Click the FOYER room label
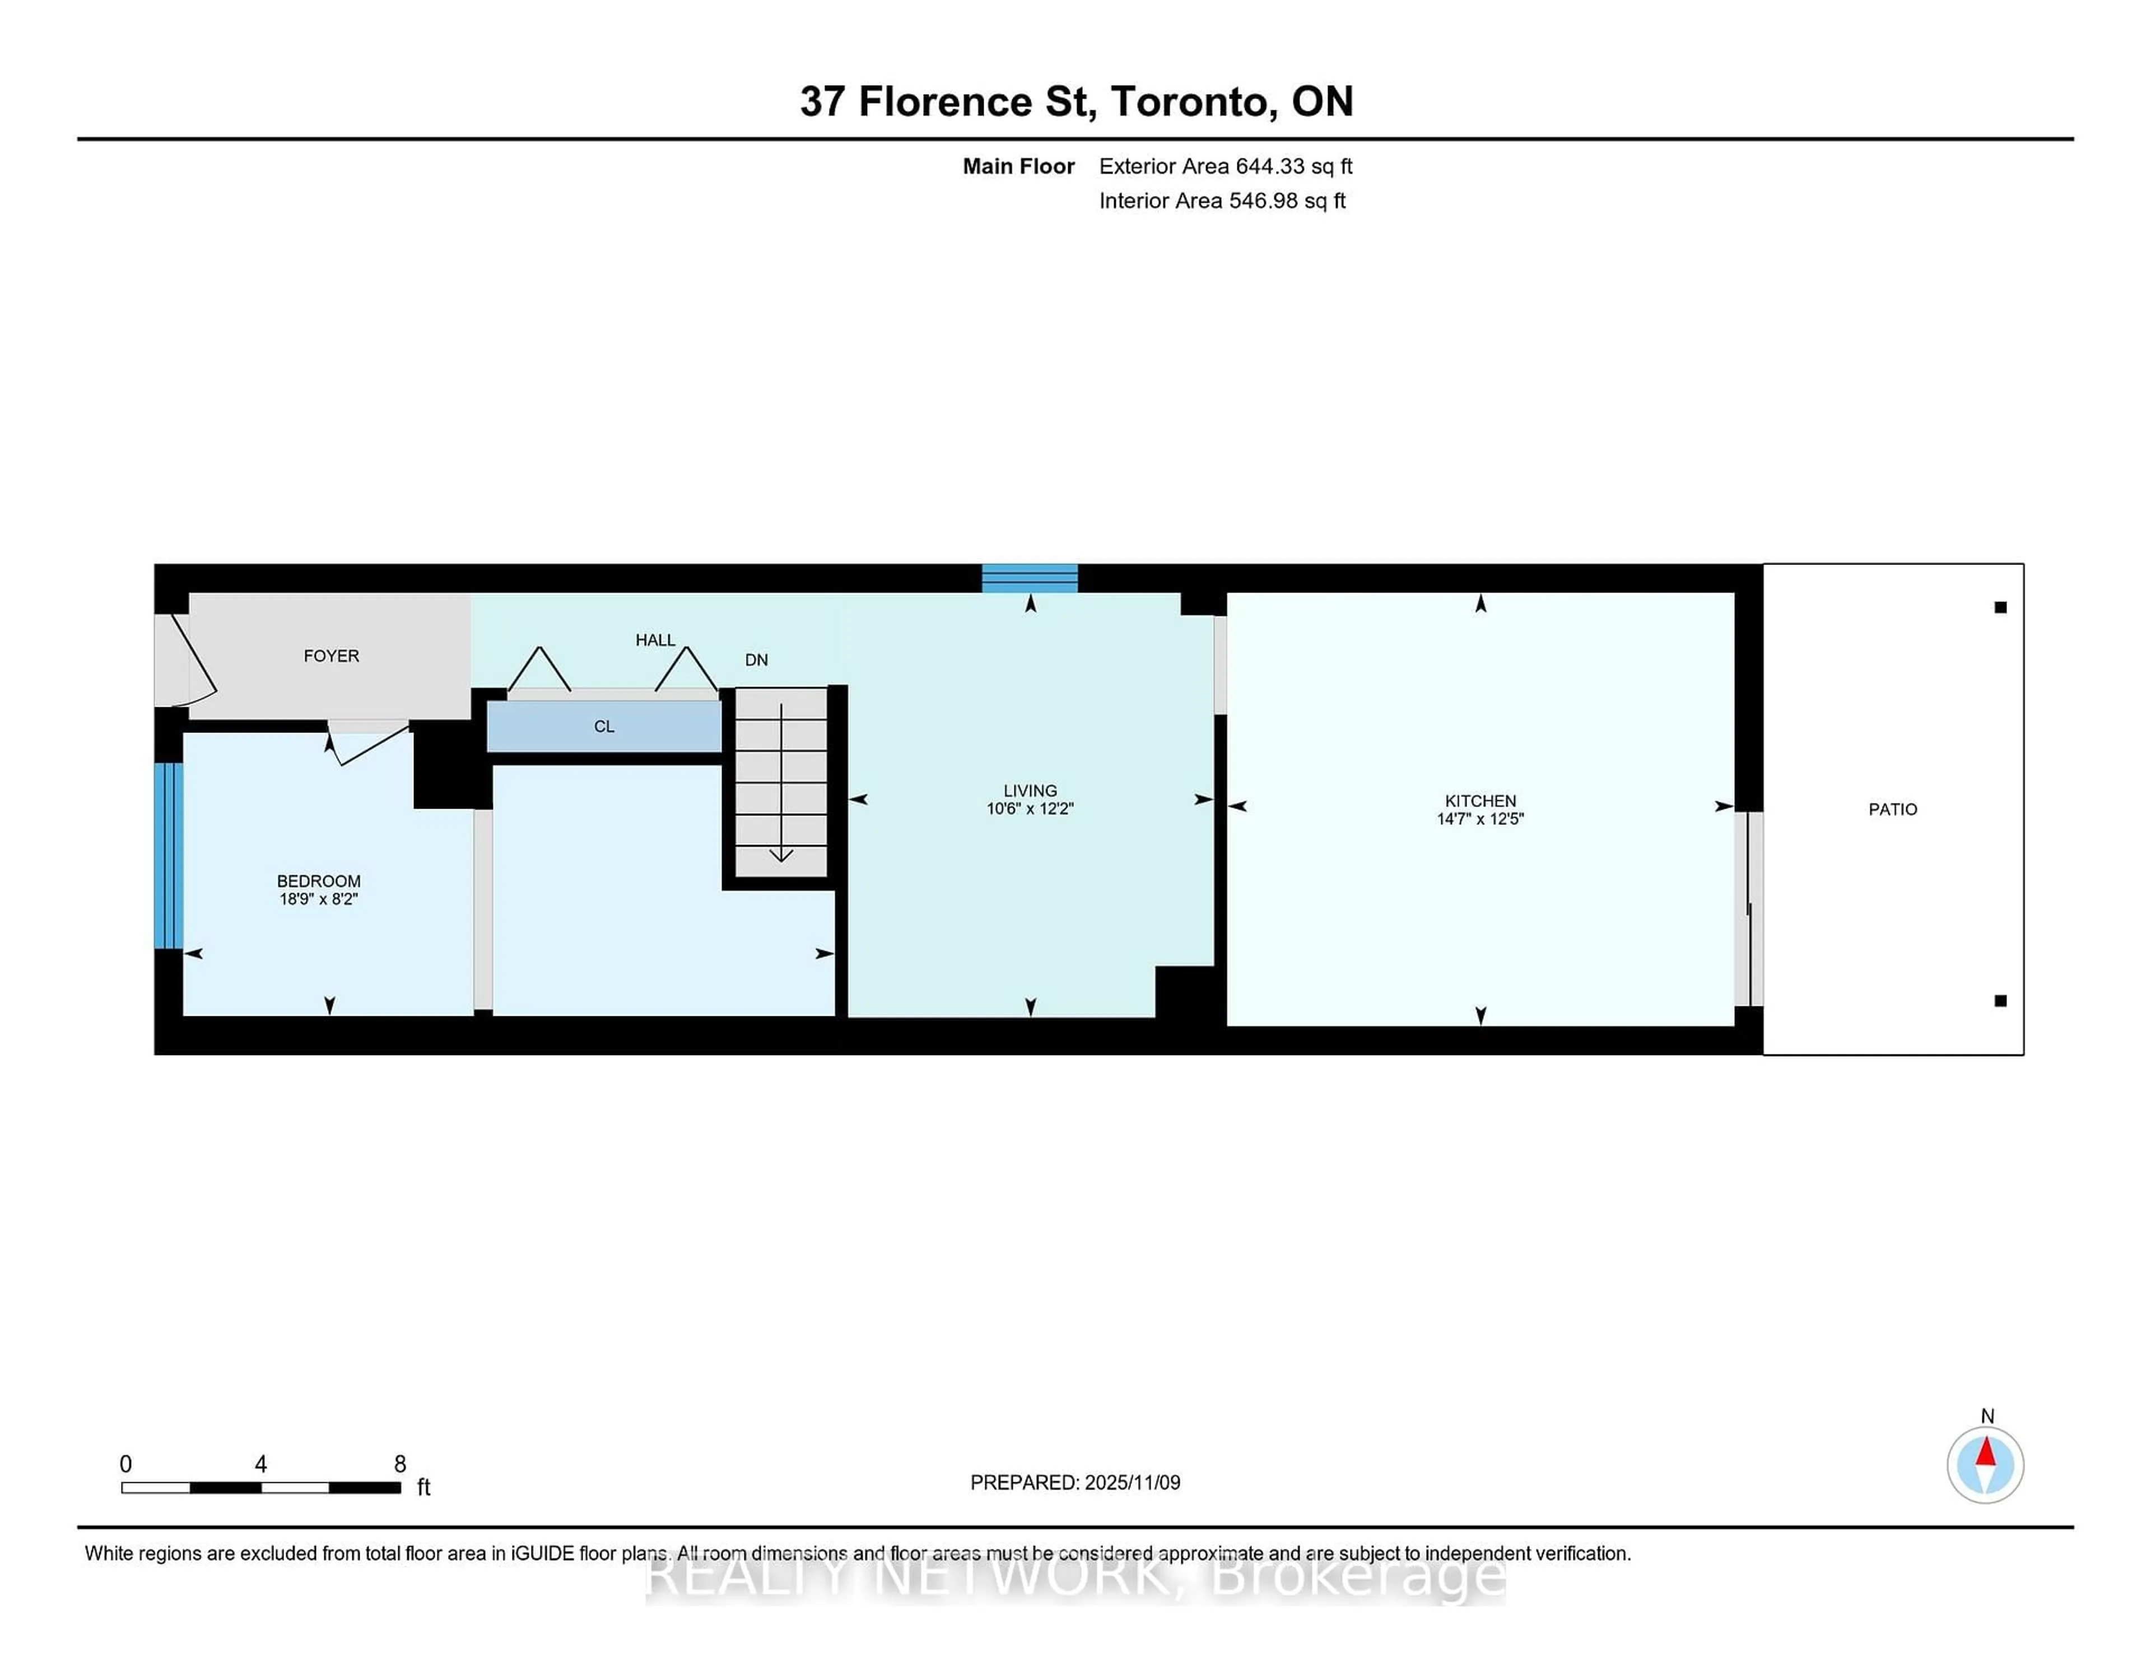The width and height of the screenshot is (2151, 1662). pos(331,656)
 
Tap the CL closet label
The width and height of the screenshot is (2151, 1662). pos(604,727)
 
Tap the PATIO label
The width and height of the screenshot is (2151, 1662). pos(1892,809)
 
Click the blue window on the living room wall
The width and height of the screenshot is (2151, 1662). pos(1029,578)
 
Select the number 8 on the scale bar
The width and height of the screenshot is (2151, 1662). pos(400,1464)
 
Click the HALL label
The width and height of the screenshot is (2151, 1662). pos(655,640)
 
